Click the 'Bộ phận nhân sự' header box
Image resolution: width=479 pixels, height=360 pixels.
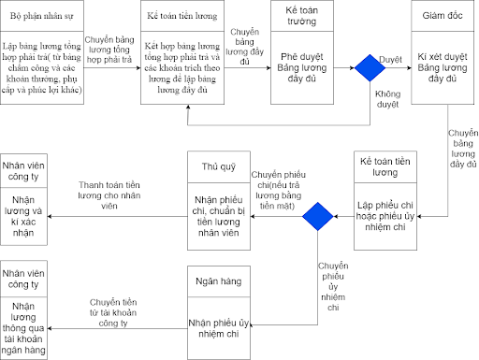point(42,16)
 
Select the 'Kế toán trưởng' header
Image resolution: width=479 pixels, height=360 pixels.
point(302,16)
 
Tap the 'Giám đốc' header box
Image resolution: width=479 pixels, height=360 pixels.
point(443,16)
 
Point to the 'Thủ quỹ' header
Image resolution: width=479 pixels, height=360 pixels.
point(219,166)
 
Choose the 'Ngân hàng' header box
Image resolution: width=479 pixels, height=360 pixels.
point(219,281)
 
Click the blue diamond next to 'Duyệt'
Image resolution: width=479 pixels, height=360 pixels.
point(370,68)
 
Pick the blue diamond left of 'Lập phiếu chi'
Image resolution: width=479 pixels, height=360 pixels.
point(318,216)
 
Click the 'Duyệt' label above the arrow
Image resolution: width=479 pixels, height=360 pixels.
point(390,60)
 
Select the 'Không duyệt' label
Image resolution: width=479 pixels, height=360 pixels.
point(387,99)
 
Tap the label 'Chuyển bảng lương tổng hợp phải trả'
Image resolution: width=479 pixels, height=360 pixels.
point(109,50)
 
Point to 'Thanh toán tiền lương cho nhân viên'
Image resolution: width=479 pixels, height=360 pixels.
point(109,195)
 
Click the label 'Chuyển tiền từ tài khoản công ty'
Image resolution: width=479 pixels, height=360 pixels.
point(113,312)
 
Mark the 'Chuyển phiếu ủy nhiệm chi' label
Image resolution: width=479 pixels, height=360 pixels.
point(333,287)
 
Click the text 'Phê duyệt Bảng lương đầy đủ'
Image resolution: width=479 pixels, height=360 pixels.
point(302,67)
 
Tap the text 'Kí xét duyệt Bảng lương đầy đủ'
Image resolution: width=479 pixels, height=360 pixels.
point(443,67)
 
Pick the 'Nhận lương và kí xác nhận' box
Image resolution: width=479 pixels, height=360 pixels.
point(23,216)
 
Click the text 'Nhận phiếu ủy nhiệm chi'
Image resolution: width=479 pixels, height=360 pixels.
point(219,328)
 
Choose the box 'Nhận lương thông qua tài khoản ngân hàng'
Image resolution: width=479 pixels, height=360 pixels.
point(23,328)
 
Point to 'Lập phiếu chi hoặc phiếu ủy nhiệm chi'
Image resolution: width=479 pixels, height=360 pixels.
point(385,216)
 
